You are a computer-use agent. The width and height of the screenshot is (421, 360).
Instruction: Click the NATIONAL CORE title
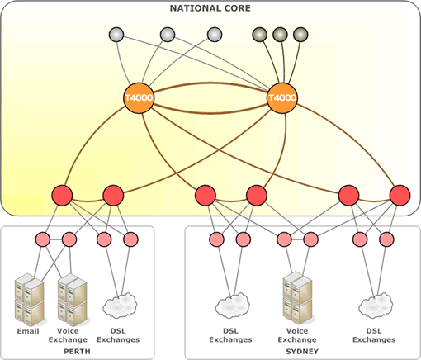(x=210, y=8)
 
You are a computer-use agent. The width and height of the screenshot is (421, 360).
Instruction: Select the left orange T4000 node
(x=139, y=98)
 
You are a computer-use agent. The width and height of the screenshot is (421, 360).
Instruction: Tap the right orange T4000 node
(x=282, y=98)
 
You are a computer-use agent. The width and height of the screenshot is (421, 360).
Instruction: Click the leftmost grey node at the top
(x=116, y=35)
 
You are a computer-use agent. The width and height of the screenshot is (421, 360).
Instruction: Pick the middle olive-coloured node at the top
(x=280, y=35)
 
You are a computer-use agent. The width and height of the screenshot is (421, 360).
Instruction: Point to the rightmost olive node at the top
(x=300, y=35)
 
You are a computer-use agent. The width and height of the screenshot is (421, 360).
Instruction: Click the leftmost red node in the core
(x=62, y=196)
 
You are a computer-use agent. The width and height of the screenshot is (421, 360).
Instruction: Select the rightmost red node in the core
(x=400, y=196)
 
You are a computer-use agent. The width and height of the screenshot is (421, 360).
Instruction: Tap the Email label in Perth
(x=28, y=331)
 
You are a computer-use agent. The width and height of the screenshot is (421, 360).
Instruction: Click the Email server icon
(x=30, y=300)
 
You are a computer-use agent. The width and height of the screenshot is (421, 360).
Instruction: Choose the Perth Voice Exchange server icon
(x=73, y=300)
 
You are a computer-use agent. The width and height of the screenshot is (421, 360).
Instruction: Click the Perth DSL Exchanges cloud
(x=120, y=306)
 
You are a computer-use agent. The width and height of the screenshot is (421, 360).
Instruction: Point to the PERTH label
(x=77, y=352)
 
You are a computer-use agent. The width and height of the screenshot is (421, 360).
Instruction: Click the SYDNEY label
(x=302, y=352)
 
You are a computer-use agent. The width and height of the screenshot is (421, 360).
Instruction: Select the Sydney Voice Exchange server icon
(x=297, y=298)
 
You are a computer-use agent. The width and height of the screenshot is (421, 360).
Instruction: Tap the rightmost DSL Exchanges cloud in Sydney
(x=376, y=306)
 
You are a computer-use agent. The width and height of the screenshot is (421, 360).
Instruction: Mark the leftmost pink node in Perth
(x=43, y=239)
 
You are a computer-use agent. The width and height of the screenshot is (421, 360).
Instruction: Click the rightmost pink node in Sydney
(x=386, y=239)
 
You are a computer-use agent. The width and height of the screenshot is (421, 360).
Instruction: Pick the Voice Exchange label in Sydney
(x=297, y=335)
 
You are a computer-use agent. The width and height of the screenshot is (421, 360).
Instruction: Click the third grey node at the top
(x=215, y=35)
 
